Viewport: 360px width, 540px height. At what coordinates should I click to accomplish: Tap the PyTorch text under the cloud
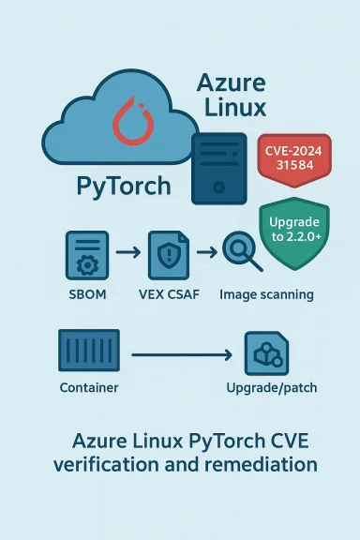point(123,185)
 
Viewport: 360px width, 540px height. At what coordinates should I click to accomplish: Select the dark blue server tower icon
point(217,168)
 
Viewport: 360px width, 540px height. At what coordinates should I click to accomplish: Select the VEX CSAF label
point(169,294)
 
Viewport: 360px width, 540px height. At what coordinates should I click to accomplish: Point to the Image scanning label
point(266,294)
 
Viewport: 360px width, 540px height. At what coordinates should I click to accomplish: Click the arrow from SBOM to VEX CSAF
point(128,253)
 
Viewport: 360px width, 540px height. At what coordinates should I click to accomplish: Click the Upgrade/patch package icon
point(266,354)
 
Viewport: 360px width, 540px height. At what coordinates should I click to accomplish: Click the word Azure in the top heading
point(232,82)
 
